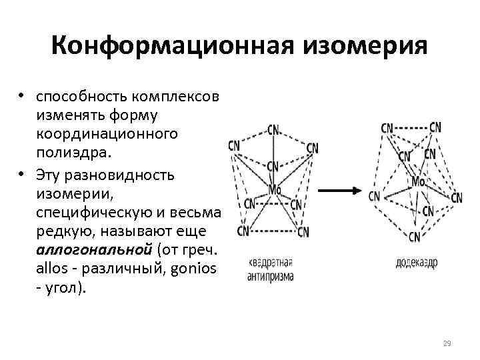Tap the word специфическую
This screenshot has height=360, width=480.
pyautogui.click(x=93, y=212)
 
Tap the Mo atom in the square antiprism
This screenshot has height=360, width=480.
pyautogui.click(x=275, y=189)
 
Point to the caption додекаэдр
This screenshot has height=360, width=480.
pyautogui.click(x=415, y=263)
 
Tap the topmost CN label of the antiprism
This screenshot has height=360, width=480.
pyautogui.click(x=273, y=129)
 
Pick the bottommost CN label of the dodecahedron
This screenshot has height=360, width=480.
pyautogui.click(x=415, y=236)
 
